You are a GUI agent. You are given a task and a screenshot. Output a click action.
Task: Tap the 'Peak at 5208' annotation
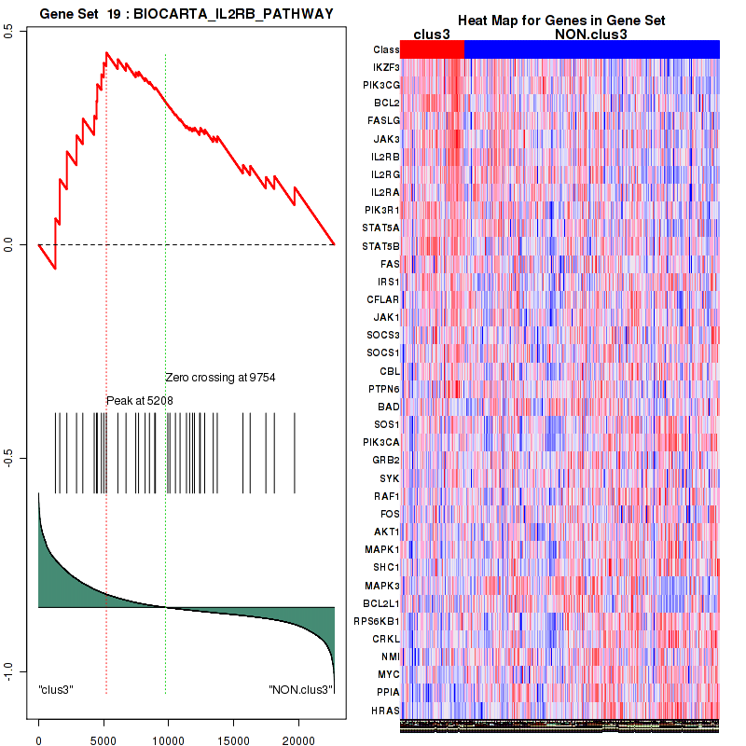click(140, 400)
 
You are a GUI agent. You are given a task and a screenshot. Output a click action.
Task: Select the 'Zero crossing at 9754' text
click(220, 378)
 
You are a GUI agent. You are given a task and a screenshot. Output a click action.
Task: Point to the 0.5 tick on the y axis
click(8, 31)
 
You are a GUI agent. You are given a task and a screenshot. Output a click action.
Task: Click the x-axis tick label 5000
click(104, 737)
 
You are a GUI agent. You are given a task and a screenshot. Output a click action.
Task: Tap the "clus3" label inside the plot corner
click(56, 689)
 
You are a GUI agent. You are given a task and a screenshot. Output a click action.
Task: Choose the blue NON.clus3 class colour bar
click(591, 48)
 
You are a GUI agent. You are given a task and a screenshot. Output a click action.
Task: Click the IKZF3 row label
click(386, 67)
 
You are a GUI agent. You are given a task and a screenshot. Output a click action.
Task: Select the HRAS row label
click(386, 711)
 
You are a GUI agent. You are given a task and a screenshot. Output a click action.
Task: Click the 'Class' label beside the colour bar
click(385, 49)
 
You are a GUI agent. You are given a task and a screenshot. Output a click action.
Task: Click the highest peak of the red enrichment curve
click(107, 53)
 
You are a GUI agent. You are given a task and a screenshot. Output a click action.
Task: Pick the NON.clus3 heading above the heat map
click(597, 35)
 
